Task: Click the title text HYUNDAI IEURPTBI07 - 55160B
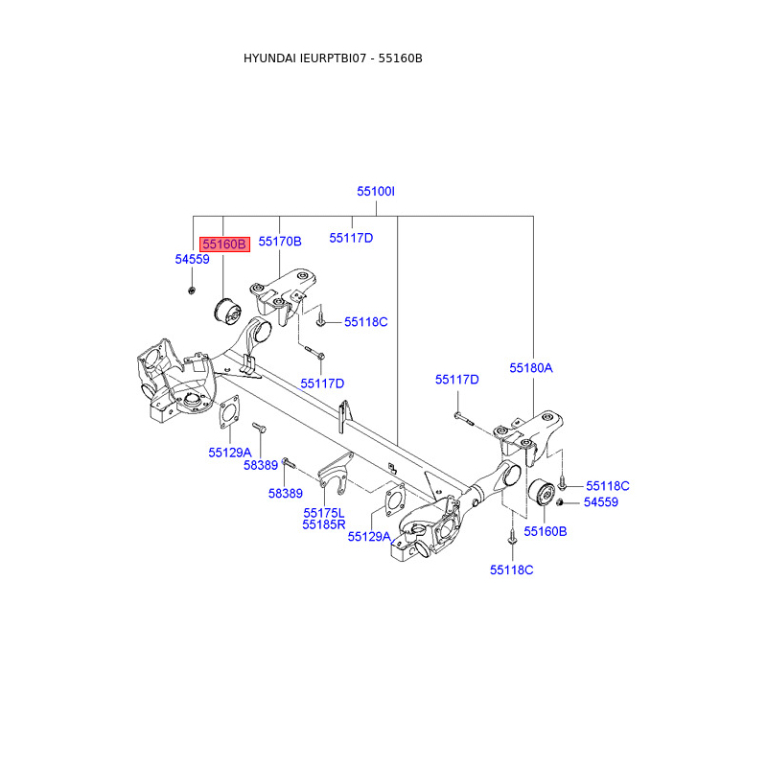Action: [x=333, y=58]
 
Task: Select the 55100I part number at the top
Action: [x=376, y=192]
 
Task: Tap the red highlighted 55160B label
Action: [x=224, y=244]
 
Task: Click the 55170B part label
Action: [x=280, y=242]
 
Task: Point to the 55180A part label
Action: [x=531, y=367]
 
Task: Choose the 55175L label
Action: [x=323, y=513]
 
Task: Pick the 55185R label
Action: [x=323, y=524]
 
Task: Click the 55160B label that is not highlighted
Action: [x=545, y=530]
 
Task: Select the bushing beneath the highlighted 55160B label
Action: [x=224, y=313]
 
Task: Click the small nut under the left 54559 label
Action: [x=192, y=289]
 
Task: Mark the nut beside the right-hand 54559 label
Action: [x=561, y=502]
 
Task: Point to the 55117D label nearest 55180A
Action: [x=456, y=380]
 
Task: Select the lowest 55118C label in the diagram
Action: [x=511, y=569]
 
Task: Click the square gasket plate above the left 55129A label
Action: [x=228, y=414]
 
